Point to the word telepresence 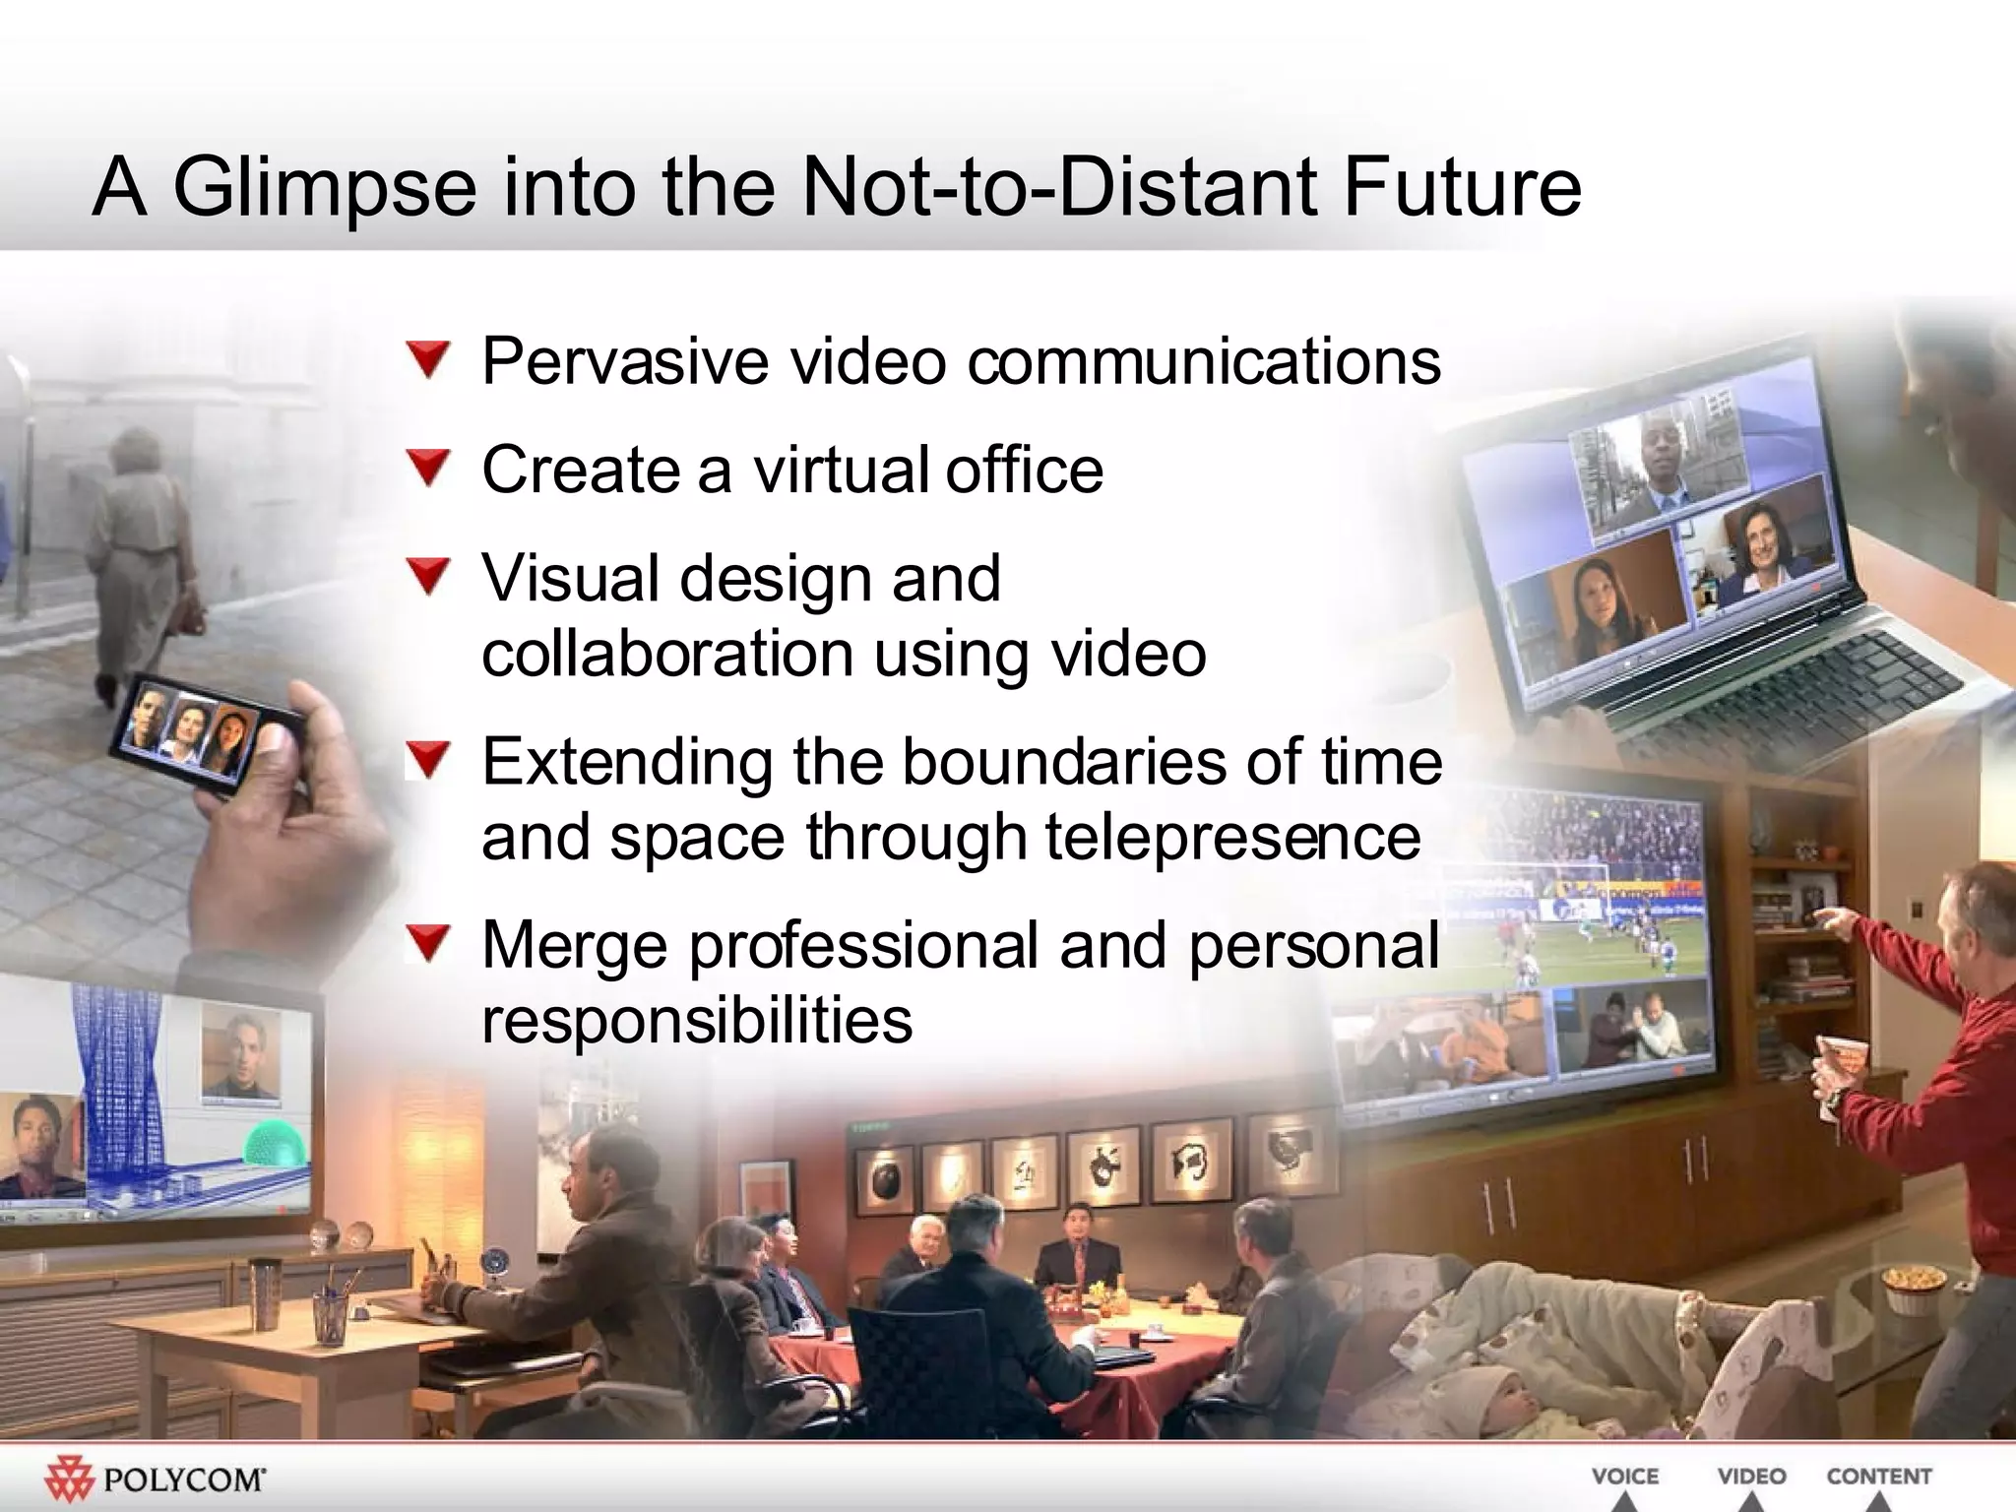click(1232, 837)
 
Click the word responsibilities click(697, 1020)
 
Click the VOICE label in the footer click(1625, 1477)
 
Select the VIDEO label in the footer click(1751, 1477)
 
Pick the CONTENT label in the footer click(1879, 1477)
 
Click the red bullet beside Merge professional click(429, 943)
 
